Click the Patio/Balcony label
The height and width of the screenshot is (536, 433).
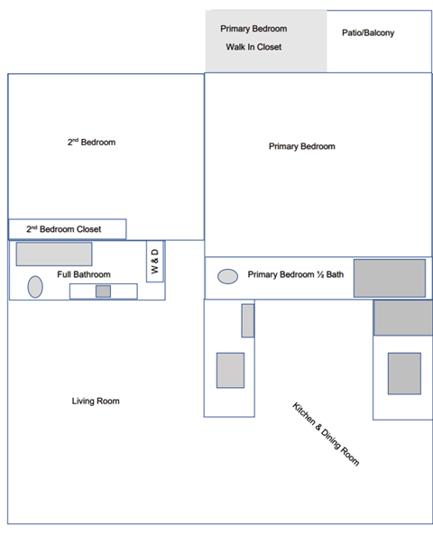[367, 33]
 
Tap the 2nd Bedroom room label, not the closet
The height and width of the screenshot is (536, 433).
[91, 143]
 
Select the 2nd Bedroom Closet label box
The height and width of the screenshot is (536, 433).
[67, 229]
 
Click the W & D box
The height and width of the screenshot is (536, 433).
[154, 261]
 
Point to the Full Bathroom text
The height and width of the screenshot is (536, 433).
[84, 274]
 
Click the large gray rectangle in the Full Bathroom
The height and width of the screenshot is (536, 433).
[54, 254]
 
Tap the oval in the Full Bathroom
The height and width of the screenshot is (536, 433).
[35, 287]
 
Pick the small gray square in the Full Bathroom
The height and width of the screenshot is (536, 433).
[103, 291]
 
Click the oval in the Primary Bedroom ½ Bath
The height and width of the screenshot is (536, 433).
[228, 276]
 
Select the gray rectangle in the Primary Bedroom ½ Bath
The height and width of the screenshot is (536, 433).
[389, 278]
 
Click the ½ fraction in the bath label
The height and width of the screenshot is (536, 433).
[321, 274]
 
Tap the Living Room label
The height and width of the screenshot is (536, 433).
[96, 401]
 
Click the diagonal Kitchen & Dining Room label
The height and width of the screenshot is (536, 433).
[326, 434]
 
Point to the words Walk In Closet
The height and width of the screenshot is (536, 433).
[253, 47]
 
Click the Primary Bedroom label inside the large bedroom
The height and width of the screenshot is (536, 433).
[301, 146]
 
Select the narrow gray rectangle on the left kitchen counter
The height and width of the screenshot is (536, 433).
[247, 320]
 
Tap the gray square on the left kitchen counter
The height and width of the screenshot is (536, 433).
[230, 370]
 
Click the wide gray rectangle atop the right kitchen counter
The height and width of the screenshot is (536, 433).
[403, 318]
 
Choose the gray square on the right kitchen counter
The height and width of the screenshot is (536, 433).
[404, 374]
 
